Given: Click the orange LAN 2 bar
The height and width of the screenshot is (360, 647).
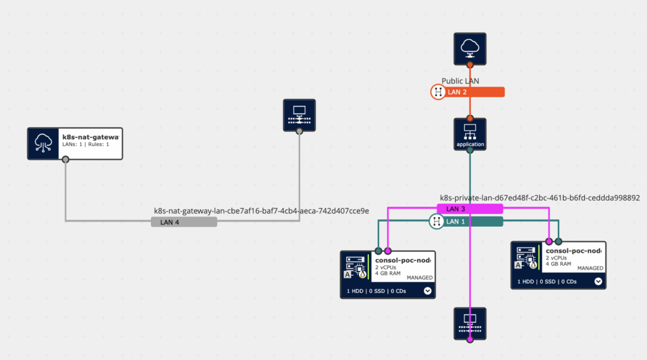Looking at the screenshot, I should (x=474, y=92).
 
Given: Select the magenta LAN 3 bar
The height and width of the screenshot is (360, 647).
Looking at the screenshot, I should (x=470, y=208).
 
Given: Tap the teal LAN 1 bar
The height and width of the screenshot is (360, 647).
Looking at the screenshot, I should (x=474, y=221).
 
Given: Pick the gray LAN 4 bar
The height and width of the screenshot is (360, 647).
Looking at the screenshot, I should (x=184, y=222).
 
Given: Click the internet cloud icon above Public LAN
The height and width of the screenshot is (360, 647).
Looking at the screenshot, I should (x=469, y=49).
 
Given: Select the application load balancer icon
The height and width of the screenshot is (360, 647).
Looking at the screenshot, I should (x=469, y=133).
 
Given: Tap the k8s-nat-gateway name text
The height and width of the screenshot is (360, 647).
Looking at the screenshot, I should (x=90, y=136).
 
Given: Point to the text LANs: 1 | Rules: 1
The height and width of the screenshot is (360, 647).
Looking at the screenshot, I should (x=86, y=145).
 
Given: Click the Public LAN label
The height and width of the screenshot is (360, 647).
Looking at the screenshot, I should (x=460, y=81).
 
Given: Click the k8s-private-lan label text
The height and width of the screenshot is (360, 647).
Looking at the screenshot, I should (x=540, y=198).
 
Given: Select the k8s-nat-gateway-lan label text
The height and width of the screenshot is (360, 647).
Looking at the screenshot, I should (x=262, y=210).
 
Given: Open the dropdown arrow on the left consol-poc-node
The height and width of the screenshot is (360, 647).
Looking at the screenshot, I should (x=428, y=291).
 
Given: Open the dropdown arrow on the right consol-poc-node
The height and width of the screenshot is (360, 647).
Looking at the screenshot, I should (x=598, y=282).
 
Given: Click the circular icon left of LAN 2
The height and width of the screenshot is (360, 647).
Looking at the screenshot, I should (x=437, y=92).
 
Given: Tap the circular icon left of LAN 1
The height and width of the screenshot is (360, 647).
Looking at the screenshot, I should (x=437, y=221).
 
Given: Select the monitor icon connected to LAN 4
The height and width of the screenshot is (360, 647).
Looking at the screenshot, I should (x=299, y=116).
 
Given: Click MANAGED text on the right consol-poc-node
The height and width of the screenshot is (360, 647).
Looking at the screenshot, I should (x=591, y=268).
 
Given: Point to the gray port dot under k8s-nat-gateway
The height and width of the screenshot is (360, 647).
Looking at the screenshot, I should (x=66, y=160).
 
